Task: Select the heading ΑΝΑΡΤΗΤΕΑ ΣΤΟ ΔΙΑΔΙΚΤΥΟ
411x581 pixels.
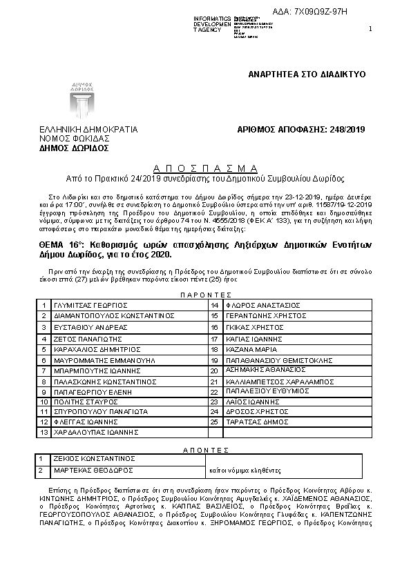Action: (306, 73)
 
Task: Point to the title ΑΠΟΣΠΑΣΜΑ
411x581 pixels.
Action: (205, 168)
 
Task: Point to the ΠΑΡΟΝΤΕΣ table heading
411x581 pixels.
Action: (205, 294)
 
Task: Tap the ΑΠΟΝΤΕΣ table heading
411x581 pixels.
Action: (205, 449)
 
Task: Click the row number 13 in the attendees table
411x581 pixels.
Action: (44, 432)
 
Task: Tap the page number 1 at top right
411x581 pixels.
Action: (370, 28)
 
